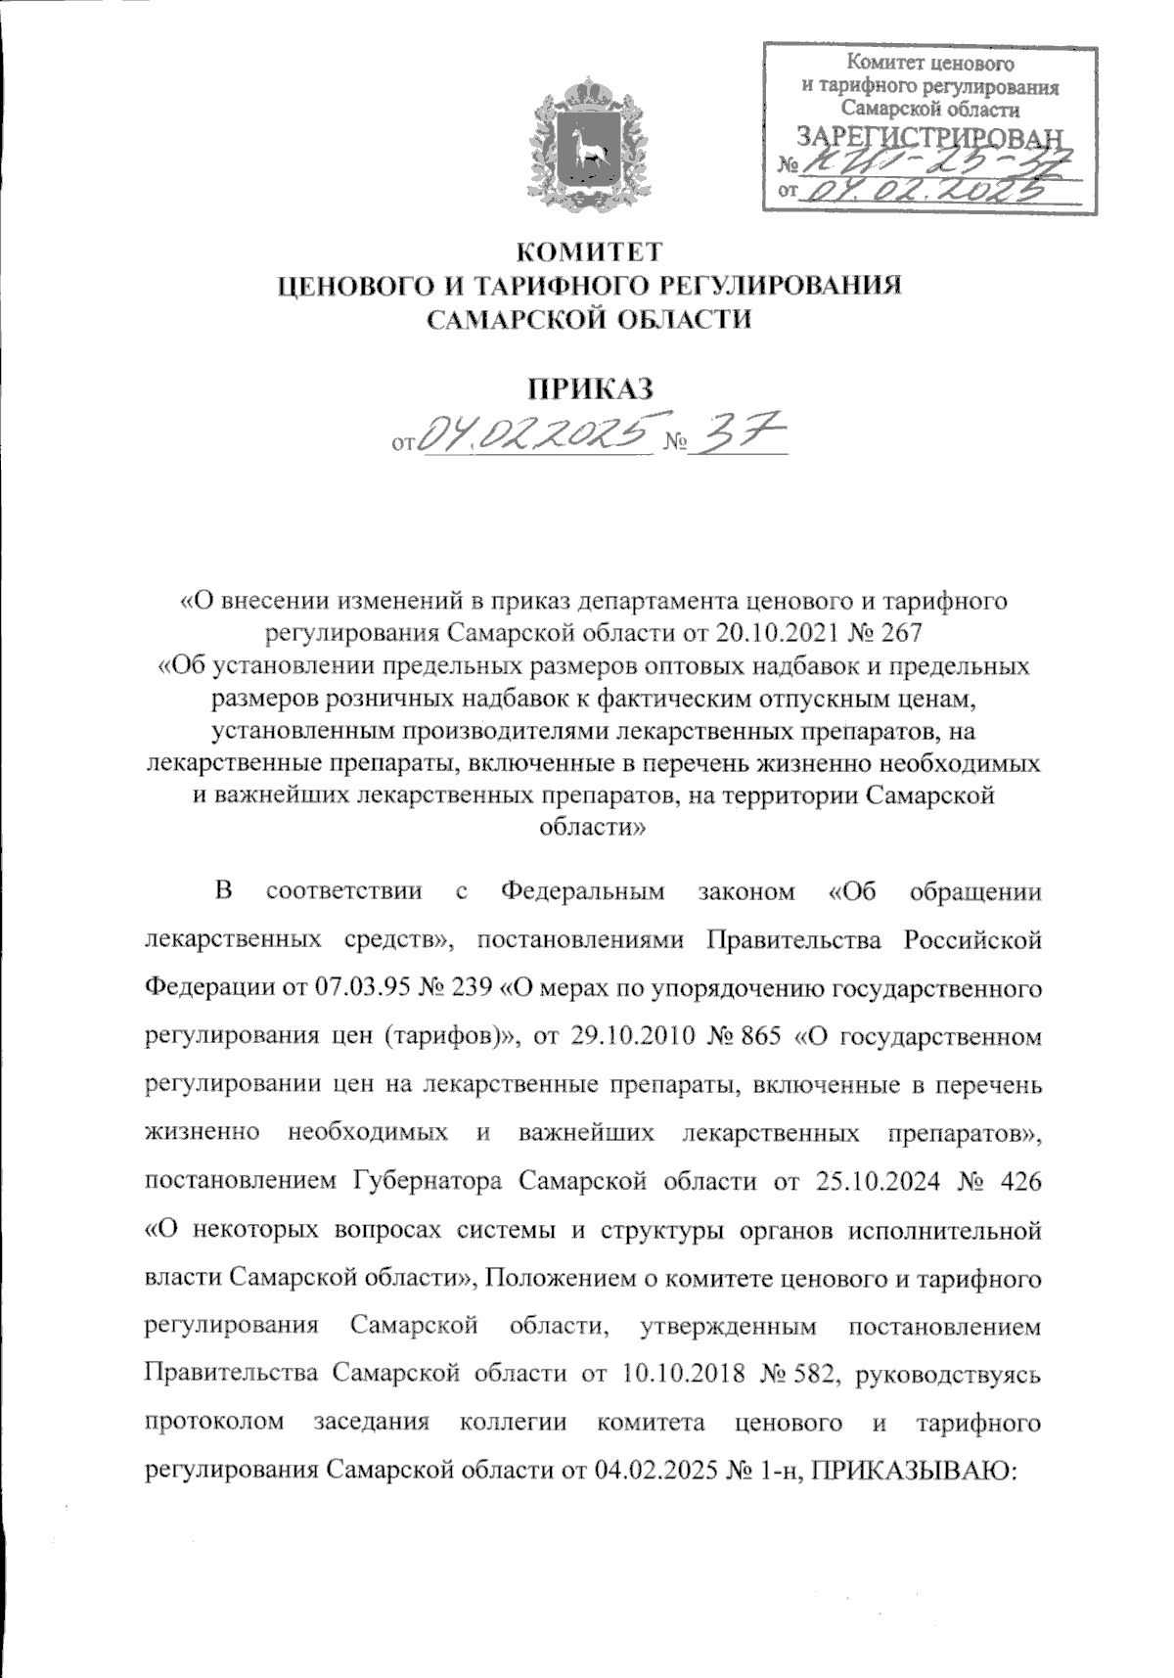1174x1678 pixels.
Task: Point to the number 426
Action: tap(1009, 1181)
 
